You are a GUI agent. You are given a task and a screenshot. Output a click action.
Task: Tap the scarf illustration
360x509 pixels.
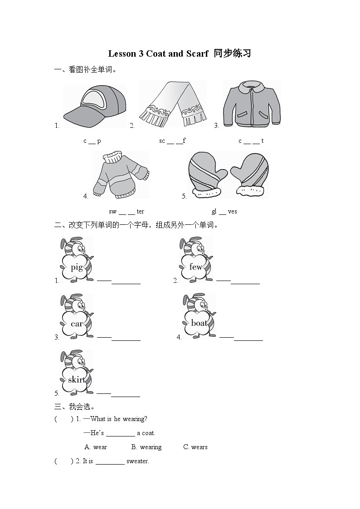coord(173,105)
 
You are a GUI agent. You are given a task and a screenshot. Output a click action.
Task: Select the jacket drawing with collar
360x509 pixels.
coord(251,104)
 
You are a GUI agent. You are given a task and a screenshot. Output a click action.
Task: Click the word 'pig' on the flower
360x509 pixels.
coord(77,267)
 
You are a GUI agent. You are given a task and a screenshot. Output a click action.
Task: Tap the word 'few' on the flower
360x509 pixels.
coord(195,267)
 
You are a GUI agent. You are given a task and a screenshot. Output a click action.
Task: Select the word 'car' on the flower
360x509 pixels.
coord(77,324)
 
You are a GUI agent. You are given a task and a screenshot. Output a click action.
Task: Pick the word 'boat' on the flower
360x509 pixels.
coord(199,323)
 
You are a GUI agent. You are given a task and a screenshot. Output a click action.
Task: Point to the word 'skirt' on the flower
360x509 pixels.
coord(77,379)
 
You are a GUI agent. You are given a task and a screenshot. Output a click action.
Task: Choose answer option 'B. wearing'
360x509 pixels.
coord(146,447)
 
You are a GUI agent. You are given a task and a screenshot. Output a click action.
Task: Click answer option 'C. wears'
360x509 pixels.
coord(195,447)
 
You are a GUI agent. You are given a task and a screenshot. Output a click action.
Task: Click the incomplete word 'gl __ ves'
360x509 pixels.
coord(224,211)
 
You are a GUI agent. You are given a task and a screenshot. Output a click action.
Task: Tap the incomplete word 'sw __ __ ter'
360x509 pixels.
coord(126,211)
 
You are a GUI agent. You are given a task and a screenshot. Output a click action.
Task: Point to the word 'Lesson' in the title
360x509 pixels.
coord(122,53)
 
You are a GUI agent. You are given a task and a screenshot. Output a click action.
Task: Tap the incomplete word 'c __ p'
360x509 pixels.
coord(92,141)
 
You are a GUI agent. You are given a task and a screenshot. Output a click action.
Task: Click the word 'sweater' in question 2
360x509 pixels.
coord(137,461)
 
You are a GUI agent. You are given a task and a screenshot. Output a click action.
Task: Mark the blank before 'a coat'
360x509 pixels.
coord(120,433)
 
